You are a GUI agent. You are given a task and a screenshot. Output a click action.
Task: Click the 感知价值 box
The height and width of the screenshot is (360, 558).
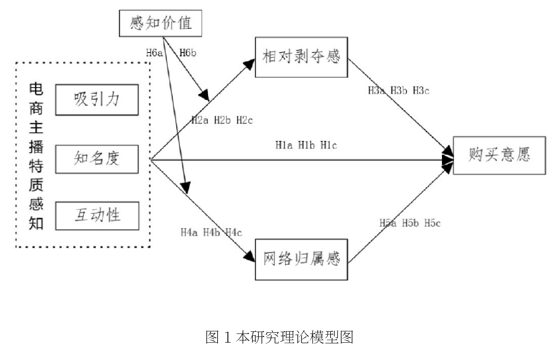[x=161, y=23]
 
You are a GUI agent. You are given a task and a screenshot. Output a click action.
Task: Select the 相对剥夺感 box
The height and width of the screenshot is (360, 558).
[x=301, y=57]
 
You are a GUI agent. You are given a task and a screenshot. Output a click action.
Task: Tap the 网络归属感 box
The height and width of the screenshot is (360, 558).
[x=301, y=259]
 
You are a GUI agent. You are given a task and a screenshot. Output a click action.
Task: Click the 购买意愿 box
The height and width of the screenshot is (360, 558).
[x=499, y=155]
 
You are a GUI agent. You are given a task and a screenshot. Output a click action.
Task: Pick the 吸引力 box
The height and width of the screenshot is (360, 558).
[x=97, y=100]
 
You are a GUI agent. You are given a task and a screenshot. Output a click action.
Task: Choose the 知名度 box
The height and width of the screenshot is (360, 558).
[x=97, y=159]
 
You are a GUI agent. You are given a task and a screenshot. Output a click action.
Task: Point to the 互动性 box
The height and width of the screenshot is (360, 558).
[x=97, y=216]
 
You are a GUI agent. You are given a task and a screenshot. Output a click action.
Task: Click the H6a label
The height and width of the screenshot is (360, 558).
[x=154, y=53]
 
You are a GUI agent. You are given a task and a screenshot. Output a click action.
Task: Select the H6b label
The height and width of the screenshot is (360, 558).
[x=188, y=53]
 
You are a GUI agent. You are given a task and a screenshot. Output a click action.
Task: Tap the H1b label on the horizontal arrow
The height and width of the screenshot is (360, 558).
[x=306, y=145]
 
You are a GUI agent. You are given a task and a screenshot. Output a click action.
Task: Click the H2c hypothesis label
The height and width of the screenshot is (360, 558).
[x=244, y=121]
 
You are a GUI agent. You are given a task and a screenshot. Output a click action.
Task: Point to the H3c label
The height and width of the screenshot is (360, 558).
[x=421, y=91]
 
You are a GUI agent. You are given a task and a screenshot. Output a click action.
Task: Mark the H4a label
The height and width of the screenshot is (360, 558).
[x=189, y=232]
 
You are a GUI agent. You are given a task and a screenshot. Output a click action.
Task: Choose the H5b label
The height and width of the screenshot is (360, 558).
[x=410, y=223]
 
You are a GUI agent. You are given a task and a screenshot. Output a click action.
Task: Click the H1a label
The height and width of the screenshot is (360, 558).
[x=284, y=145]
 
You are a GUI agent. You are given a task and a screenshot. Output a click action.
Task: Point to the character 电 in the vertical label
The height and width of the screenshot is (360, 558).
[x=36, y=89]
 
